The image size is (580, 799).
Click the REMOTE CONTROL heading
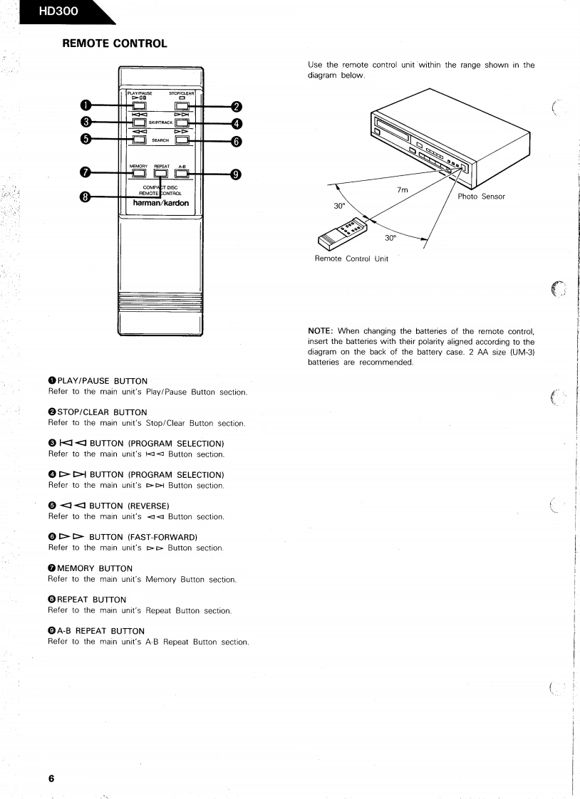[115, 44]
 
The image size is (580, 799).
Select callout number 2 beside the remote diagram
[237, 108]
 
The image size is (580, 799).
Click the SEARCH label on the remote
[161, 140]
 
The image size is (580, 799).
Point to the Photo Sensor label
[482, 197]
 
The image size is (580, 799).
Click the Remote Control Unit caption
[351, 258]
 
